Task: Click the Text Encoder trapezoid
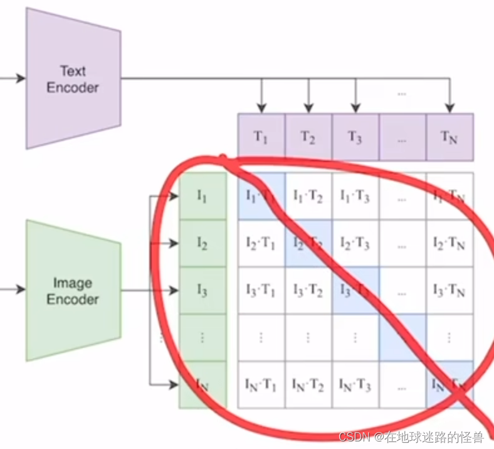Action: [x=73, y=80]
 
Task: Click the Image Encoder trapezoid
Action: [x=73, y=291]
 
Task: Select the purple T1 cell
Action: [x=261, y=137]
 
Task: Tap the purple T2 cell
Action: [x=308, y=137]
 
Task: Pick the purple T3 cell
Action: [x=355, y=137]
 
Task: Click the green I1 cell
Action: [x=202, y=196]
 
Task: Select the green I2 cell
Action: [x=202, y=243]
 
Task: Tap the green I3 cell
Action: [x=202, y=290]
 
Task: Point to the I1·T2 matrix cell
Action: [x=308, y=196]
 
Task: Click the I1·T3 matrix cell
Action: [x=355, y=196]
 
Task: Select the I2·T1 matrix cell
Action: [x=261, y=243]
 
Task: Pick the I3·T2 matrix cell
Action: [x=308, y=290]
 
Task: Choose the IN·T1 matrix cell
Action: [x=261, y=384]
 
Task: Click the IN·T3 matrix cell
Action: [x=355, y=384]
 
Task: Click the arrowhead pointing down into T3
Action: [x=355, y=107]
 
